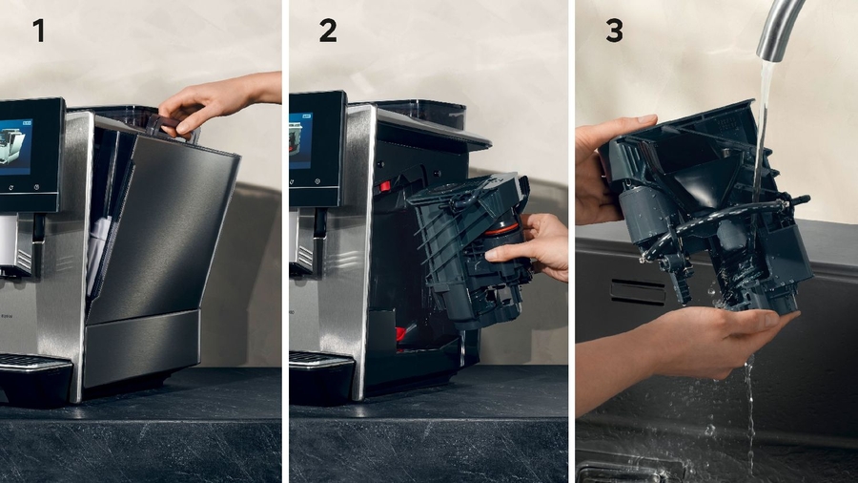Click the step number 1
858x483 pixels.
[38, 31]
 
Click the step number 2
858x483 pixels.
[327, 31]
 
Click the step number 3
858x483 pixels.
[614, 31]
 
